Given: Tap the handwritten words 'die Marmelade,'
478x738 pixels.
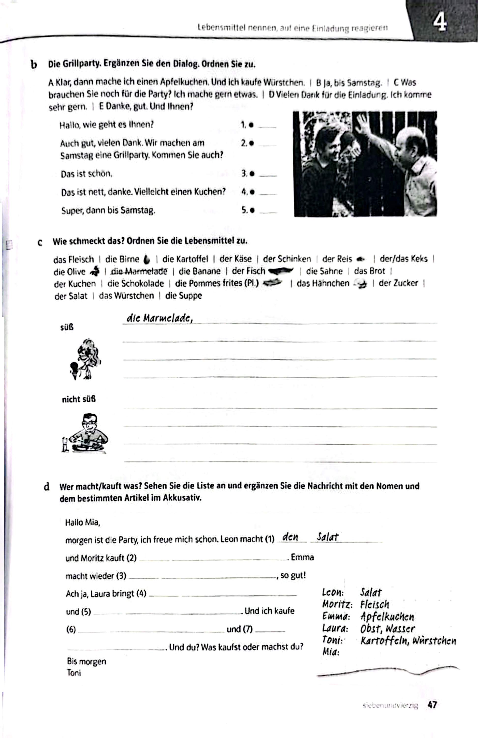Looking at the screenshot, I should (x=159, y=318).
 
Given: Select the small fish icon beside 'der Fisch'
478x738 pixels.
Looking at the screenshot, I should (x=281, y=271).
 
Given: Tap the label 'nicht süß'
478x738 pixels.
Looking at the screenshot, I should (x=78, y=400).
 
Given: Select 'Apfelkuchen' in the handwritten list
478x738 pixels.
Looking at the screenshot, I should (x=387, y=616).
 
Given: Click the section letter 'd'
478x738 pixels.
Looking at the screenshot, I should (x=47, y=487).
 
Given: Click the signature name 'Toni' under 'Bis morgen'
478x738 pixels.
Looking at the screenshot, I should (x=74, y=673).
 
